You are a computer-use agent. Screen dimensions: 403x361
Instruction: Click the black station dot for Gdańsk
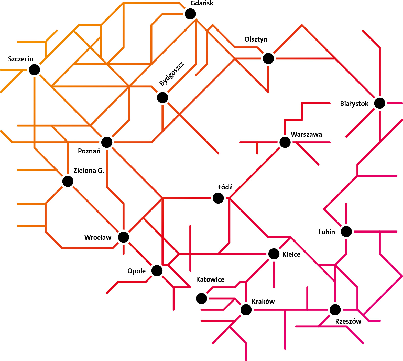click(190, 14)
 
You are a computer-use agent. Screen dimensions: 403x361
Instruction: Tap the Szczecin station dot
click(34, 70)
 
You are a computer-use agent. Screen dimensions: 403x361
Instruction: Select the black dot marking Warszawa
click(285, 142)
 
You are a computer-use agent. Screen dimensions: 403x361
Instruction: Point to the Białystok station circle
click(380, 103)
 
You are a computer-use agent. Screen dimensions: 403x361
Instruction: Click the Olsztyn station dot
click(268, 58)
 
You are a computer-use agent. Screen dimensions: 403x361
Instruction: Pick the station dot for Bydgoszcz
click(162, 97)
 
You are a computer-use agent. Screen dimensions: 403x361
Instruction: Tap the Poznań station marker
click(107, 142)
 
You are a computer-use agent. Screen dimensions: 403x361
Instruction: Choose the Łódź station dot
click(218, 198)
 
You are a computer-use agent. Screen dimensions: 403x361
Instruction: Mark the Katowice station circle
click(202, 298)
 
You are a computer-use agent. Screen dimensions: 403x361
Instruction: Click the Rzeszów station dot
click(335, 310)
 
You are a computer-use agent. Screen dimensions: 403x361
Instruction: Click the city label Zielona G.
click(89, 171)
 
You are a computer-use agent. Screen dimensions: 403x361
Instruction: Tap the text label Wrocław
click(98, 237)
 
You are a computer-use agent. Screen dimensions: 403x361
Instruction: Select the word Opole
click(137, 271)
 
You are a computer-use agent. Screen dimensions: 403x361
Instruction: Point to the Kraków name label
click(263, 302)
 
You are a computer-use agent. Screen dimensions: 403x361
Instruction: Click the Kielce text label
click(291, 254)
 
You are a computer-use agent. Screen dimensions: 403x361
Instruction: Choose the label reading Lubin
click(326, 232)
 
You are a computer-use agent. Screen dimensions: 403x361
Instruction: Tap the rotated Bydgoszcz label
click(172, 74)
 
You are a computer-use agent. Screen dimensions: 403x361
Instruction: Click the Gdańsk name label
click(202, 3)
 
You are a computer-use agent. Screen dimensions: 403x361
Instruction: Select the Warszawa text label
click(307, 134)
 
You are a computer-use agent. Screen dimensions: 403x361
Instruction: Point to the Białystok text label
click(354, 104)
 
